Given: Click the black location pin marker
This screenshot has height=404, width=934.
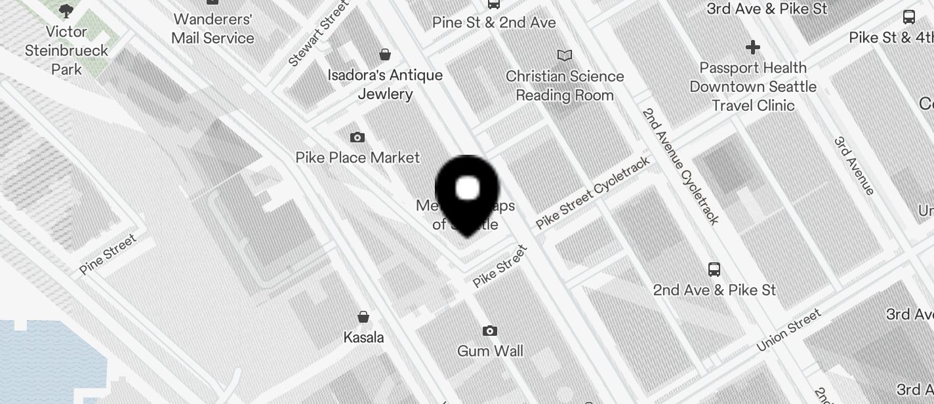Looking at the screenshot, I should click(467, 193).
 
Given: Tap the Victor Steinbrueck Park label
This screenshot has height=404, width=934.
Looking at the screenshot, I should click(67, 51).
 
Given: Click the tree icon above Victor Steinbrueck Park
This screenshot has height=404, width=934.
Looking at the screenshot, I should click(66, 10).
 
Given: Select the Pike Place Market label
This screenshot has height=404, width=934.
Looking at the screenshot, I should click(357, 157).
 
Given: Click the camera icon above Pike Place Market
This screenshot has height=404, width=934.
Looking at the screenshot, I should click(357, 137).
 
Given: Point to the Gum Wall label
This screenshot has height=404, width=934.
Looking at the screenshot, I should click(490, 351).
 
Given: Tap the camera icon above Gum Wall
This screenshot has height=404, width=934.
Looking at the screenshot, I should click(490, 331).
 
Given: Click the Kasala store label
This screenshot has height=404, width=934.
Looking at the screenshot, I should click(363, 337).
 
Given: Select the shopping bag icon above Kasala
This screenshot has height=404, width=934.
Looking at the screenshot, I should click(363, 317).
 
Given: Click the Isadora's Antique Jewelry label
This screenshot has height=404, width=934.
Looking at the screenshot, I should click(386, 85).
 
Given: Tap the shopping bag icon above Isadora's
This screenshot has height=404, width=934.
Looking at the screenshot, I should click(386, 54).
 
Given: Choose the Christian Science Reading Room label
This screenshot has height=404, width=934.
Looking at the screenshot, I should click(565, 85).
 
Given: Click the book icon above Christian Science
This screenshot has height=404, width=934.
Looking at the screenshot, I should click(565, 55).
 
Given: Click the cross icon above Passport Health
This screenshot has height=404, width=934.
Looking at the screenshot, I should click(753, 47).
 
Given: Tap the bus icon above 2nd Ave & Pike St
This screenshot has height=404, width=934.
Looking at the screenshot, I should click(714, 269).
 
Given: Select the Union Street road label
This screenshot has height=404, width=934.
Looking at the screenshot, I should click(788, 331).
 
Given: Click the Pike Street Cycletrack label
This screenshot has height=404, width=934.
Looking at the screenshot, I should click(593, 193).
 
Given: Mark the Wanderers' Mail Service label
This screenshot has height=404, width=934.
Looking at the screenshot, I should click(213, 29).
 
